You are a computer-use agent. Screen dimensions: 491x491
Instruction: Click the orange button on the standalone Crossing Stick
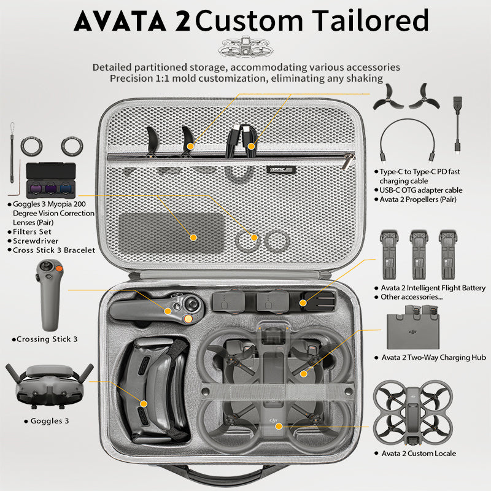click(x=58, y=268)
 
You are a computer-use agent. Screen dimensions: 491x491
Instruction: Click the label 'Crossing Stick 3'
click(x=47, y=339)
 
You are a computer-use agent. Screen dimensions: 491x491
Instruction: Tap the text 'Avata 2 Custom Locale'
click(x=419, y=453)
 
